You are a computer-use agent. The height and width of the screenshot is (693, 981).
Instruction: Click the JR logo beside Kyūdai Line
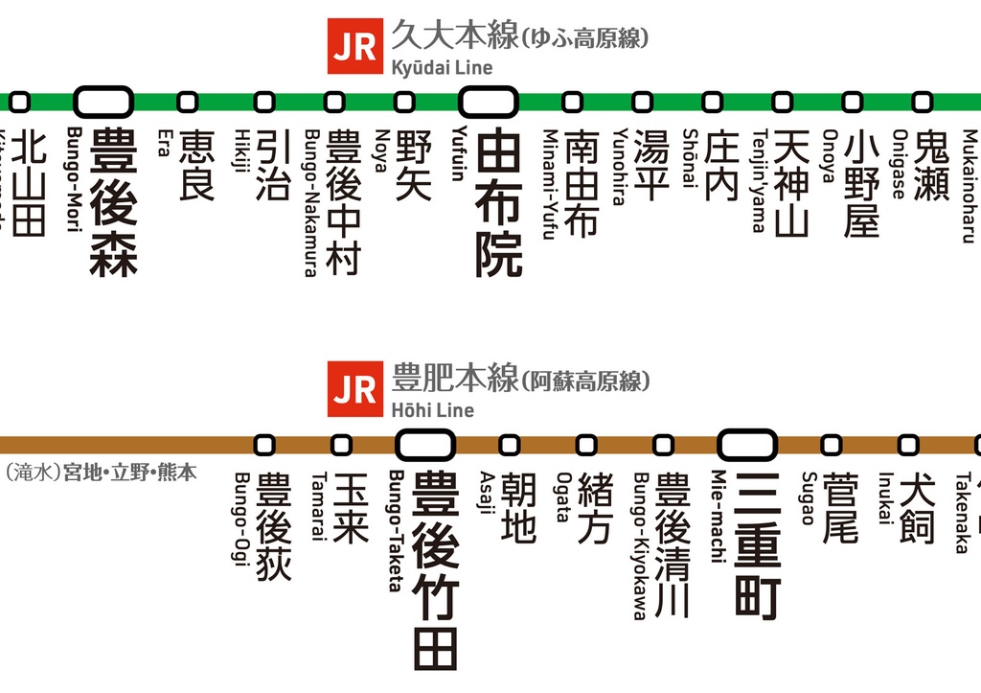[x=355, y=47]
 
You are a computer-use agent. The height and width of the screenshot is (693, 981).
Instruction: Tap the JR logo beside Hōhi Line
[x=355, y=390]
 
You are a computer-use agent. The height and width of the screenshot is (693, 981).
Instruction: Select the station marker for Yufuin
[x=488, y=100]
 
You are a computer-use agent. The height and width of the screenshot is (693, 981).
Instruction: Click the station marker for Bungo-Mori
[x=104, y=100]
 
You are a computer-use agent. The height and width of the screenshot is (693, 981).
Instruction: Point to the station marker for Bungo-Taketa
[x=424, y=445]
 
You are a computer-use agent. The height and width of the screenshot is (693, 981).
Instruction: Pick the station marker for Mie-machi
[x=746, y=445]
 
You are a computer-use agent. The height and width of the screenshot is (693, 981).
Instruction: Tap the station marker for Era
[x=188, y=101]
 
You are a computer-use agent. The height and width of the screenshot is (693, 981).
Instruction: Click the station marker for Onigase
[x=922, y=101]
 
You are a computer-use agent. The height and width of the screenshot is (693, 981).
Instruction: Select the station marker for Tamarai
[x=342, y=445]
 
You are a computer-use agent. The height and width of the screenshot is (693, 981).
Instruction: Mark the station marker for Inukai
[x=907, y=445]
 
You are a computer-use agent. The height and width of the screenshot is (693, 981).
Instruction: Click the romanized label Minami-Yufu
[x=550, y=184]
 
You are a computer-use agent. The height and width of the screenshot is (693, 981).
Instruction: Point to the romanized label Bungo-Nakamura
[x=310, y=202]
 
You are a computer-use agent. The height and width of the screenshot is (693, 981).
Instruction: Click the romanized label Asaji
[x=486, y=493]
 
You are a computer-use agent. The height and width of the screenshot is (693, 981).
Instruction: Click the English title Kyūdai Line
[x=442, y=67]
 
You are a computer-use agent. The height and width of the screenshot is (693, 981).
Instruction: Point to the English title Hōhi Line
[x=432, y=410]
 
